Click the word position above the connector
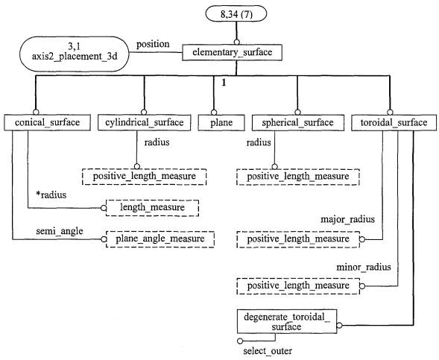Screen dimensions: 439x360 [153, 44]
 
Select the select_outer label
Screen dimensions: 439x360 [268, 351]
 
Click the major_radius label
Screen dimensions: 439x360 [347, 219]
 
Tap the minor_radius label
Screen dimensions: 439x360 [364, 267]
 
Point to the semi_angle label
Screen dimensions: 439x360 [60, 231]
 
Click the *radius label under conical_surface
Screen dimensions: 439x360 [51, 195]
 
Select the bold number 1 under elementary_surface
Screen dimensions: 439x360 [224, 83]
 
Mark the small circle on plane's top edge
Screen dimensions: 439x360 [214, 113]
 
